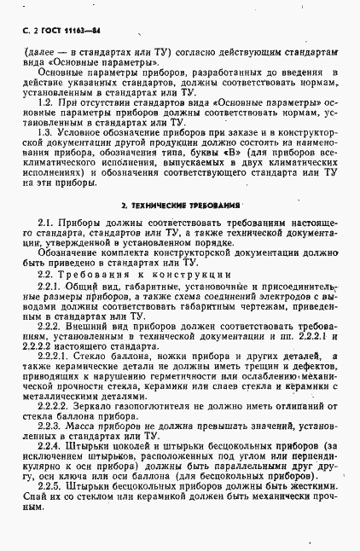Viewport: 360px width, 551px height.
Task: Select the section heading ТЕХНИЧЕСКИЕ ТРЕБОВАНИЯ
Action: point(178,206)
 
